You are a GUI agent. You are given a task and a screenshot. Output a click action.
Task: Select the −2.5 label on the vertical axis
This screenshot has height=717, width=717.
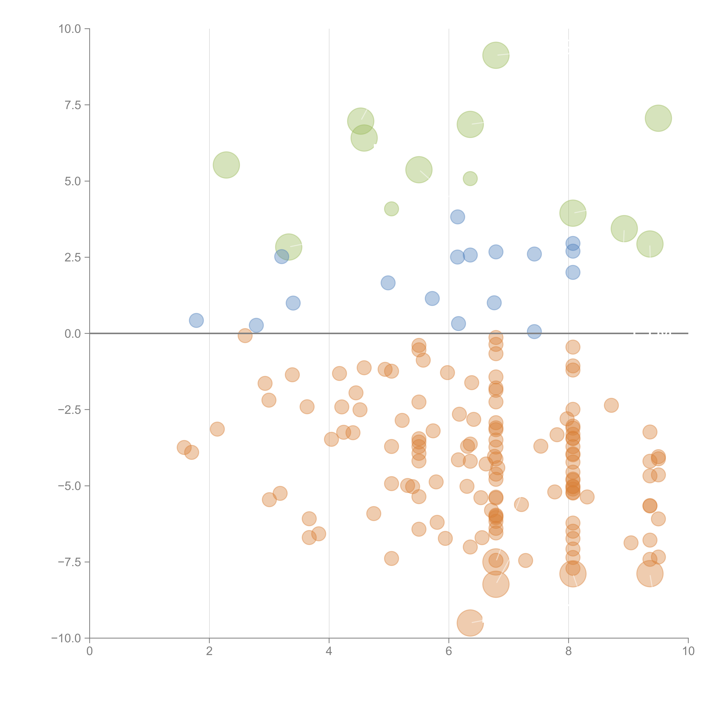[69, 410]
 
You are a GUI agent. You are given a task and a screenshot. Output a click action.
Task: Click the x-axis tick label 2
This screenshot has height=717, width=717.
[209, 651]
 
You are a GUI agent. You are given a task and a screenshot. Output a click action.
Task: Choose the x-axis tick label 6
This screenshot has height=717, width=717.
[449, 651]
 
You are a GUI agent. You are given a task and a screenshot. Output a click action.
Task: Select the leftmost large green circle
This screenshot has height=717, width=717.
[226, 165]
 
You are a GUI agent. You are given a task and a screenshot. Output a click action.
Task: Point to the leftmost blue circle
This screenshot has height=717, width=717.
[196, 320]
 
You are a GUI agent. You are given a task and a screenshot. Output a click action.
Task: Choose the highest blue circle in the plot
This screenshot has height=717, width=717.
[458, 217]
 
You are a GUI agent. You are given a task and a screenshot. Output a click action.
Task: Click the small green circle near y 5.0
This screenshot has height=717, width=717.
[470, 179]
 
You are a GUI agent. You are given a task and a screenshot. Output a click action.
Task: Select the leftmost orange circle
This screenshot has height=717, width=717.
[184, 448]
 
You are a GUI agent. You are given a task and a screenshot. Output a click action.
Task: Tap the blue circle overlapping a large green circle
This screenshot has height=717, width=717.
[282, 256]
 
